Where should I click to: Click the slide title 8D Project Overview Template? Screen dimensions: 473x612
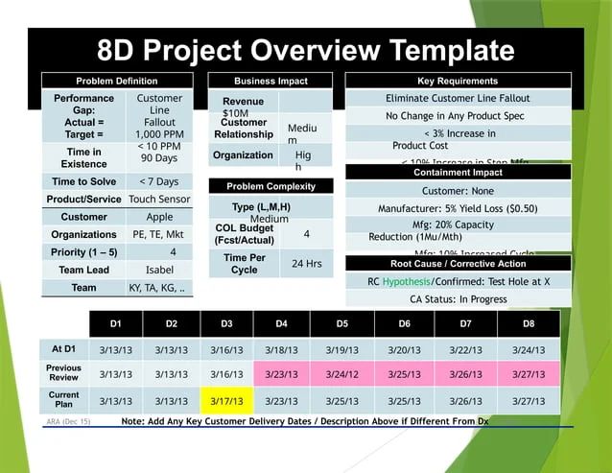pos(305,50)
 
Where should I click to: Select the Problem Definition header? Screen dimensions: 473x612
pos(116,82)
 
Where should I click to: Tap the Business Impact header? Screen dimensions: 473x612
pos(271,82)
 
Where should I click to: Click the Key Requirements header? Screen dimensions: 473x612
pos(458,82)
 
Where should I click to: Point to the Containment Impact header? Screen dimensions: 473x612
pos(458,173)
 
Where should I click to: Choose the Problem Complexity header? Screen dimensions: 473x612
pos(271,186)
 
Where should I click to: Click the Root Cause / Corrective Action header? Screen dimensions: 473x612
pos(458,263)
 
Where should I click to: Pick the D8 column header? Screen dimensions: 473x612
pos(529,324)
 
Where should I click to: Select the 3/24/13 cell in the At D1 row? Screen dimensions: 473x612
pos(529,350)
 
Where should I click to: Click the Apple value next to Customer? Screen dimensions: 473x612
pos(159,217)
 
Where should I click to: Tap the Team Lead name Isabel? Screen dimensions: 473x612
pos(159,271)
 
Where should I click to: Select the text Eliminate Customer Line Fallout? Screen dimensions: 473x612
pos(458,99)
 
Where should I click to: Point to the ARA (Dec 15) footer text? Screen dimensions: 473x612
pos(68,421)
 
